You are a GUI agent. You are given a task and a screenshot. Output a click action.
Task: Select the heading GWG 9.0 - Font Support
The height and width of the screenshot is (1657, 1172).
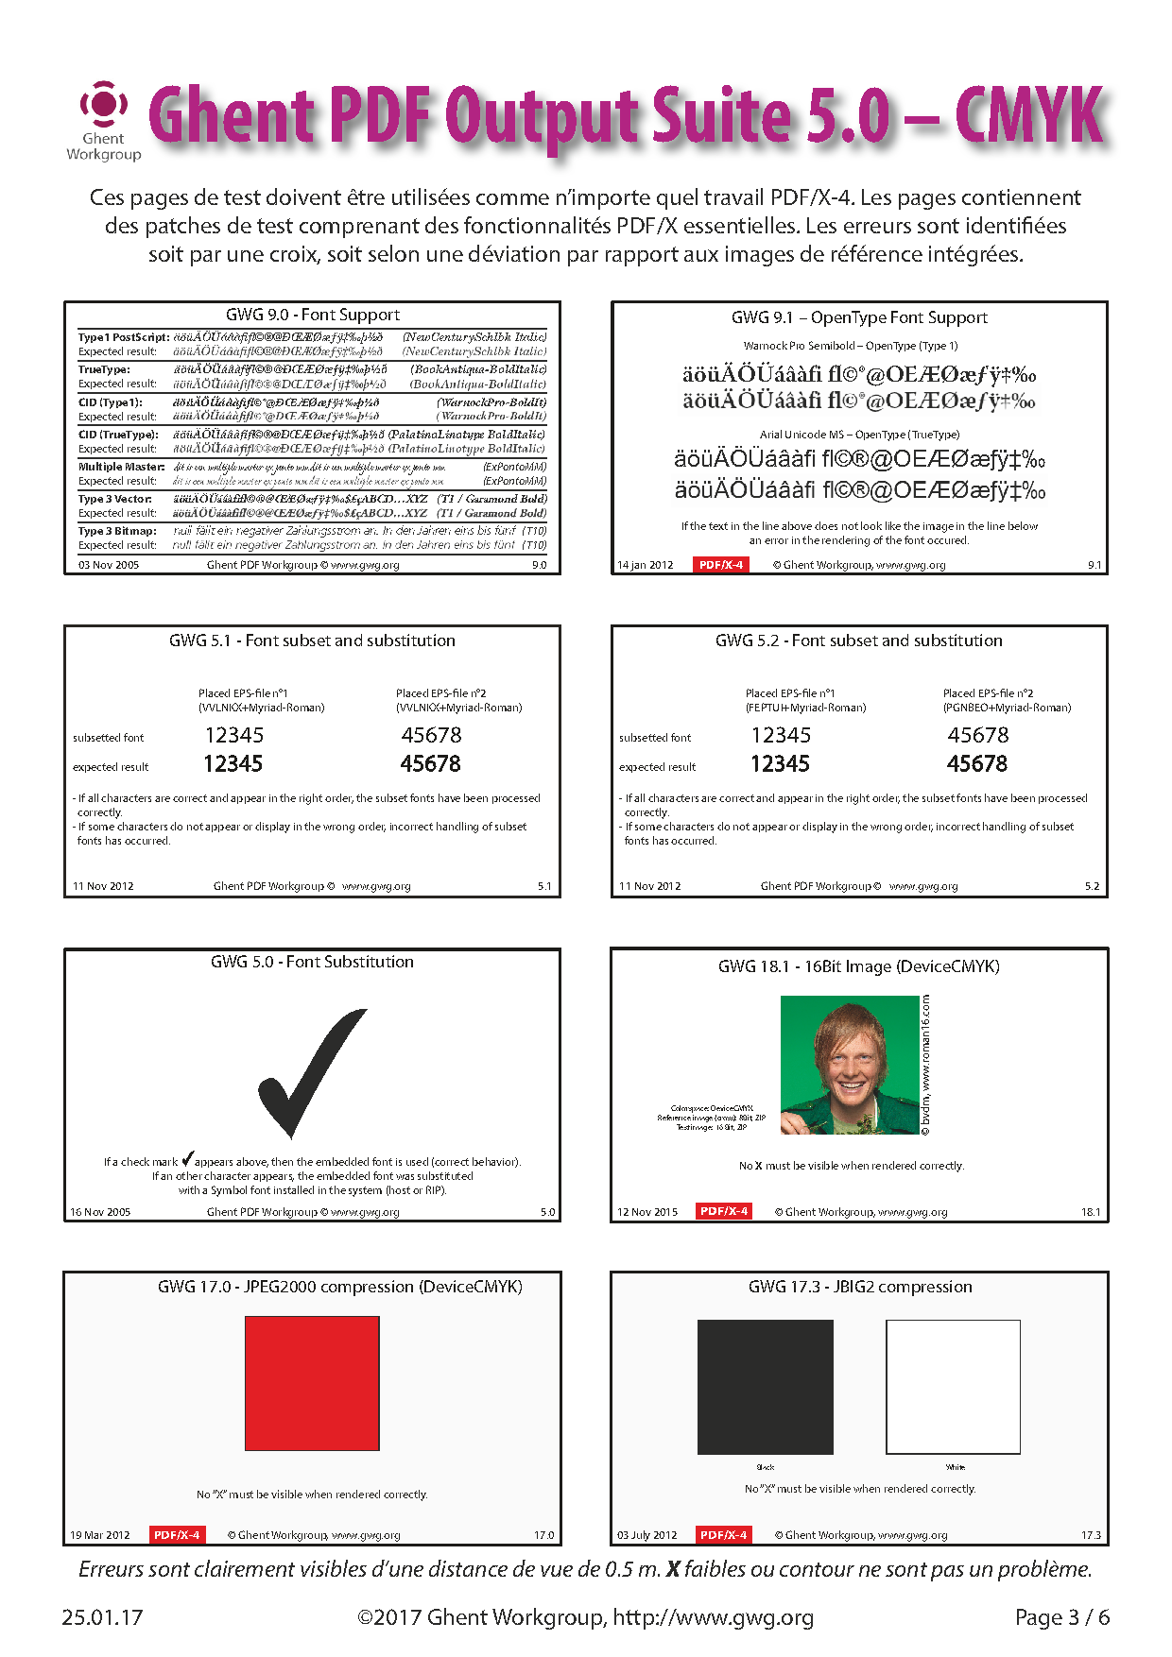[312, 315]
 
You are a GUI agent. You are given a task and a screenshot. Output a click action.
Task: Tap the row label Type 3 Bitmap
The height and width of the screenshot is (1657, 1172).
[117, 531]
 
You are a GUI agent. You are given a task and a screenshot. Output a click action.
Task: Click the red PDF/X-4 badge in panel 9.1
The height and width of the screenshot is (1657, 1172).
[721, 565]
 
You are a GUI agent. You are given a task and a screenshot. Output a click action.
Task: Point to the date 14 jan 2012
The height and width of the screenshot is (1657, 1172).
[646, 565]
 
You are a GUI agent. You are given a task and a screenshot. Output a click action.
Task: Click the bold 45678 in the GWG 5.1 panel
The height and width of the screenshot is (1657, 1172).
[430, 763]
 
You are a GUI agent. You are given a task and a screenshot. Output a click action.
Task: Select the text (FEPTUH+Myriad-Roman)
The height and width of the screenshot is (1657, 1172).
[805, 708]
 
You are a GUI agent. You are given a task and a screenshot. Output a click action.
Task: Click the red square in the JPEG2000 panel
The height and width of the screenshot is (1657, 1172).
[312, 1383]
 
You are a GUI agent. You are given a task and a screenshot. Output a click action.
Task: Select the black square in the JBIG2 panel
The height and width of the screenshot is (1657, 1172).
[765, 1387]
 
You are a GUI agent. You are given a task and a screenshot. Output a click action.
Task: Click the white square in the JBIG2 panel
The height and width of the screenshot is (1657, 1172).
[953, 1387]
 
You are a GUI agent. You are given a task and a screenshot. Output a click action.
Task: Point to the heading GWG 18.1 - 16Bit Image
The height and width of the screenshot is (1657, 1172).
[858, 966]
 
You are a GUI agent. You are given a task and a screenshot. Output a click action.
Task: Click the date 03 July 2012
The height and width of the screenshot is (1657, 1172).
[647, 1535]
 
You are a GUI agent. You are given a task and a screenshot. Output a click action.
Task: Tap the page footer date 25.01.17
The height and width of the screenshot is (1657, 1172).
[102, 1617]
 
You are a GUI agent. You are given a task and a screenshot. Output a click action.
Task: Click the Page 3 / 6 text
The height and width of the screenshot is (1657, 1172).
[1061, 1617]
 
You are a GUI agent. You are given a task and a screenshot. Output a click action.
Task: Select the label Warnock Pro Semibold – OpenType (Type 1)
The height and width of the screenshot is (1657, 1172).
[851, 346]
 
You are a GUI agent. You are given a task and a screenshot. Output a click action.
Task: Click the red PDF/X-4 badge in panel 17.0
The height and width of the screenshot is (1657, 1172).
[177, 1535]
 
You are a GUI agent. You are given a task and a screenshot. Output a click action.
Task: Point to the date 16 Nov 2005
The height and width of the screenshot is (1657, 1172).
[100, 1212]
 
